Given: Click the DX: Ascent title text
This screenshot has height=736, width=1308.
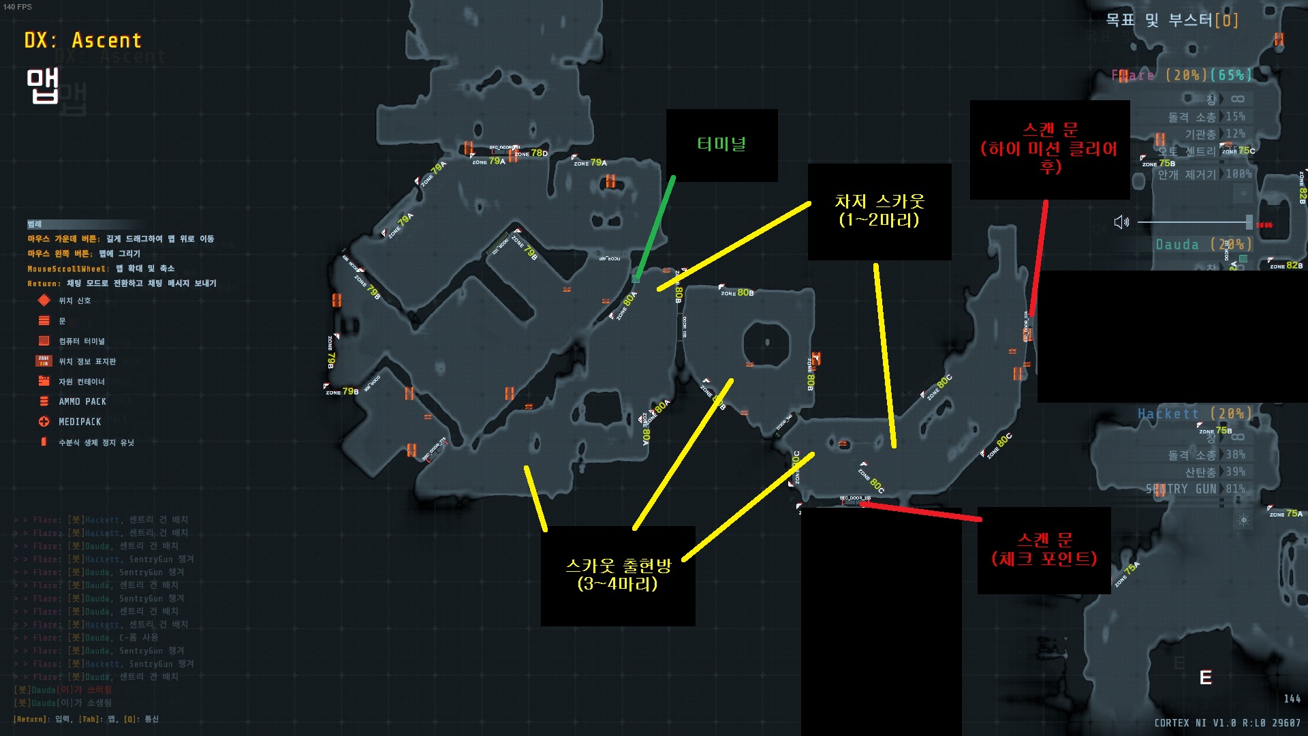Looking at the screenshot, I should point(82,41).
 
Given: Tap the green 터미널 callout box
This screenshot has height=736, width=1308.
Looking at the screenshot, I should point(721,144).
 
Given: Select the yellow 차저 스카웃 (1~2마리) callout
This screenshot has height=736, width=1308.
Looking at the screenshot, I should point(879,211).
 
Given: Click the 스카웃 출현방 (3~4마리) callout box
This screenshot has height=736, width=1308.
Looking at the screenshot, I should point(618,575).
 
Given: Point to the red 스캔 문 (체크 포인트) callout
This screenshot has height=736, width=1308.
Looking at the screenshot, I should point(1044,550).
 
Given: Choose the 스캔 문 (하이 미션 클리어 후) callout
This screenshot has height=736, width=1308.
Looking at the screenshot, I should point(1049,149).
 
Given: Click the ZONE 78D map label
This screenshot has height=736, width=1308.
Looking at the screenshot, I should point(531,153).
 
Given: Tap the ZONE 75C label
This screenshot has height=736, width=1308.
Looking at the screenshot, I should point(1239,151).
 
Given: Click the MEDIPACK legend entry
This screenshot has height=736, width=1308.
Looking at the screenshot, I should point(79,422).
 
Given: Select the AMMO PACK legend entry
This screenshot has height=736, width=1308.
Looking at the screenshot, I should point(82,401).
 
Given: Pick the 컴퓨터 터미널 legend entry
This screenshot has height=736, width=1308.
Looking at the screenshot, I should point(81,341).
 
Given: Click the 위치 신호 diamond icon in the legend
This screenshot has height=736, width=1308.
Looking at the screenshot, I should point(44,301).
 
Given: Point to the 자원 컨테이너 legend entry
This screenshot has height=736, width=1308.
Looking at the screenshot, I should point(81,382).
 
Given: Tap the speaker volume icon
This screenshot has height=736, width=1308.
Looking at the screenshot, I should point(1121,222).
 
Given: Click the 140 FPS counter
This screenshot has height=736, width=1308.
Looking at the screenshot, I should point(18,7).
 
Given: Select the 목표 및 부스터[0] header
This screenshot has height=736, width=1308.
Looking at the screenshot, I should point(1171,20).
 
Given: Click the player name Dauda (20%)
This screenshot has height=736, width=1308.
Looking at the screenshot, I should point(1203,245).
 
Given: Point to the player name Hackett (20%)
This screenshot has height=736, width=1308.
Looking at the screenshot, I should point(1194,414).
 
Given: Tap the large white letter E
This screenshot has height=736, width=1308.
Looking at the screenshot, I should point(1205,677).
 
